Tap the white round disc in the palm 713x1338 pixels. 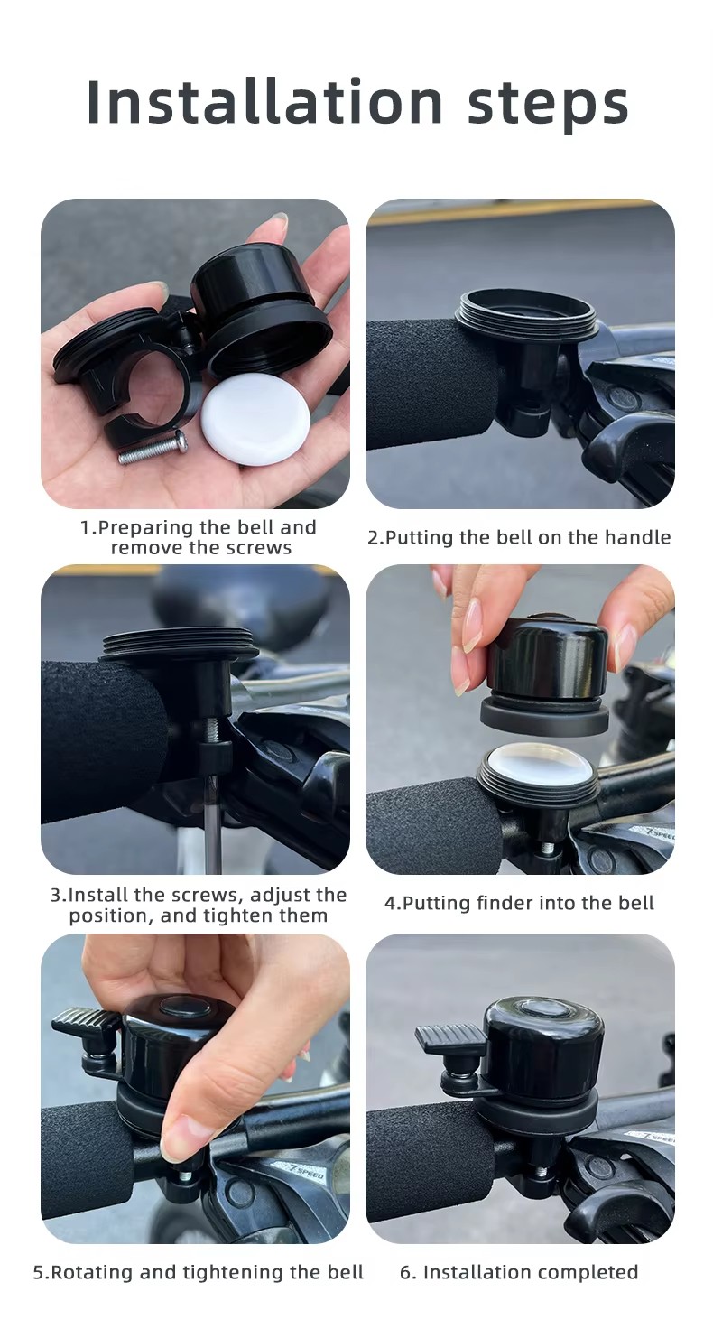(255, 419)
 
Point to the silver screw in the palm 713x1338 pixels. (153, 447)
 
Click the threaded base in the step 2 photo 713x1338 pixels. (525, 316)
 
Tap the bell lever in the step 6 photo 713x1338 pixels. (451, 1039)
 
